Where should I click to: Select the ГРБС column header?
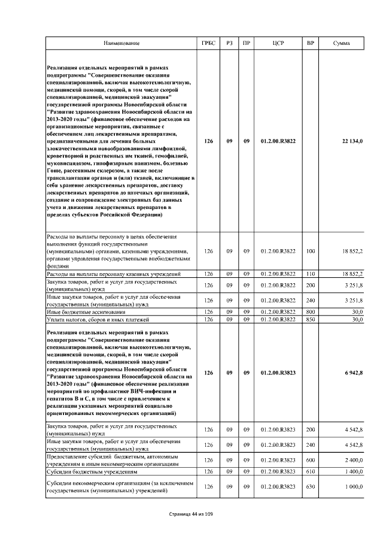pyautogui.click(x=208, y=44)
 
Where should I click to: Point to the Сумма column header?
pyautogui.click(x=342, y=44)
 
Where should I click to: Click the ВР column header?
pyautogui.click(x=310, y=44)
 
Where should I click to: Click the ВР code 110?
pyautogui.click(x=310, y=274)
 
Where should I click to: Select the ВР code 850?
pyautogui.click(x=310, y=319)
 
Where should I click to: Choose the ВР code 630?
pyautogui.click(x=310, y=487)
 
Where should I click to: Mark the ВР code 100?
pyautogui.click(x=310, y=252)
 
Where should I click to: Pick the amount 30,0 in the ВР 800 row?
pyautogui.click(x=357, y=312)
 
